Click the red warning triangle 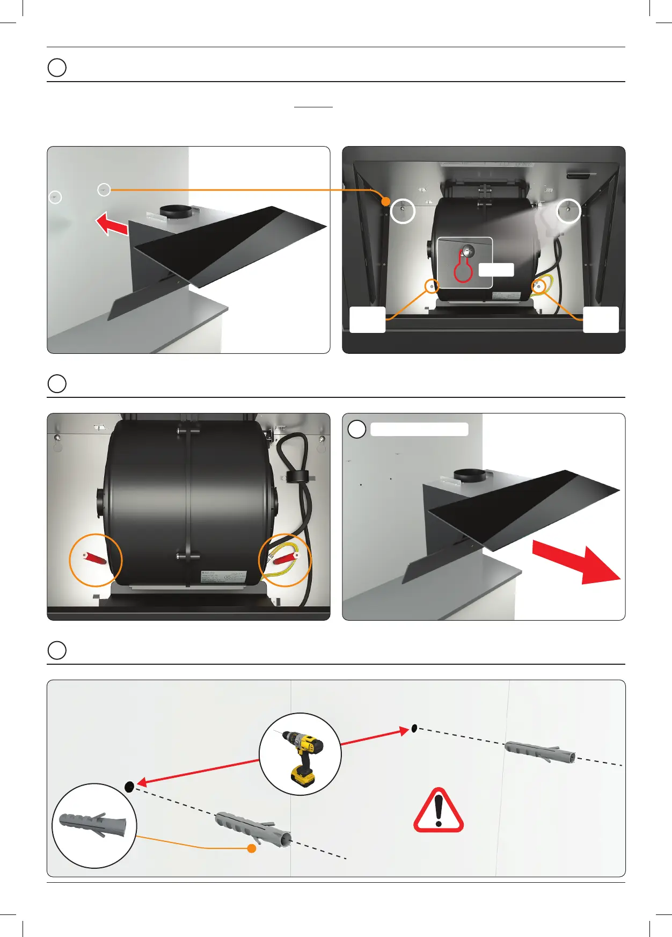pyautogui.click(x=439, y=811)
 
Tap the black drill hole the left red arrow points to pyautogui.click(x=129, y=787)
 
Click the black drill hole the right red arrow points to pyautogui.click(x=414, y=728)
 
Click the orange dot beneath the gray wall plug pyautogui.click(x=251, y=848)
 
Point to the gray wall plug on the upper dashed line pyautogui.click(x=539, y=751)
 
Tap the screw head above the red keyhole pyautogui.click(x=469, y=251)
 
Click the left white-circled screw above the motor pyautogui.click(x=403, y=210)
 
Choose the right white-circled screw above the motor pyautogui.click(x=568, y=210)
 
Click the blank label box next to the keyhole pyautogui.click(x=496, y=270)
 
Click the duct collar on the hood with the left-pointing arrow pyautogui.click(x=174, y=210)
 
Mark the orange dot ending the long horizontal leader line pyautogui.click(x=385, y=201)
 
